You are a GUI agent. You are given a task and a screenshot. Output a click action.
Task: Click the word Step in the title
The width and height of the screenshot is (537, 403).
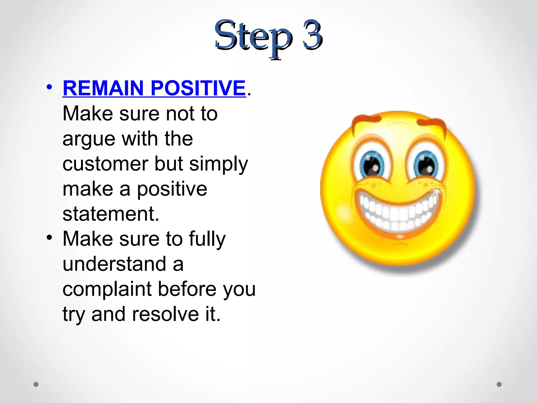(x=253, y=37)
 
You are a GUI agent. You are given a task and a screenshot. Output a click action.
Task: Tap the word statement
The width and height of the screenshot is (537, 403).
(x=110, y=214)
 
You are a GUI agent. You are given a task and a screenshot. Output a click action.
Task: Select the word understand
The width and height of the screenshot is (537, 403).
(x=114, y=264)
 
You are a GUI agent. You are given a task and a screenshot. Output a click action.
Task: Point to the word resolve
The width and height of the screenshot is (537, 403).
(x=165, y=314)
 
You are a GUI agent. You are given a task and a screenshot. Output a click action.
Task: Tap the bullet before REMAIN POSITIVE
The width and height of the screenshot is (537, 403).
(x=49, y=87)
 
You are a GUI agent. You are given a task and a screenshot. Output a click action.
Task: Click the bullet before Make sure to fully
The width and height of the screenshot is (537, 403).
(x=49, y=237)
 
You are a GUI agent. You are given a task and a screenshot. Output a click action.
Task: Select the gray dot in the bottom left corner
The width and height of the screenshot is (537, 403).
(x=36, y=384)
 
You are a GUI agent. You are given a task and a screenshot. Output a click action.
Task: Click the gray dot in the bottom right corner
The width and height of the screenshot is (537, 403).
(x=499, y=384)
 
